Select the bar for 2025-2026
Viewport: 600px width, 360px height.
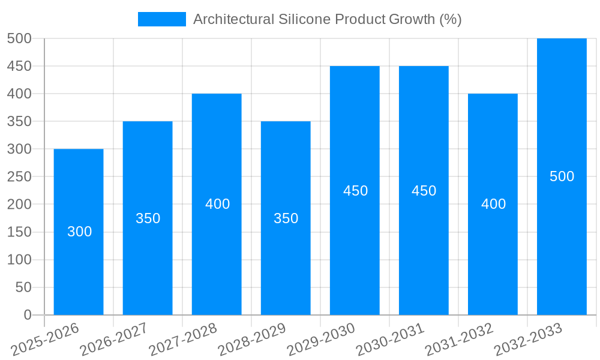(x=79, y=264)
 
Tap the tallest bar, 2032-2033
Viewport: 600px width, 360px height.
(x=562, y=240)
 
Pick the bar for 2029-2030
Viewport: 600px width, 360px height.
(x=355, y=252)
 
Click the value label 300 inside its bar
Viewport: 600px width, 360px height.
(x=79, y=232)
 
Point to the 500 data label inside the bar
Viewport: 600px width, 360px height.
(x=562, y=176)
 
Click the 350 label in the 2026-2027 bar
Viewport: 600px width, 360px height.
(x=148, y=218)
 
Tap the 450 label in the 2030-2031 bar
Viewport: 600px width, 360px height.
(x=424, y=191)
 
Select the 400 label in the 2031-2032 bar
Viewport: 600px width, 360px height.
(x=493, y=204)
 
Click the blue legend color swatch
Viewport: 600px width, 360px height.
(x=162, y=19)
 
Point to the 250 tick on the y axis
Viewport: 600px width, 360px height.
(x=19, y=176)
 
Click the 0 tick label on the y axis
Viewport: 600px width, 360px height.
(x=27, y=315)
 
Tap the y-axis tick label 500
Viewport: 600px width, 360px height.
(x=19, y=38)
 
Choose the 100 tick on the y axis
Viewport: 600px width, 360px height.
(x=19, y=260)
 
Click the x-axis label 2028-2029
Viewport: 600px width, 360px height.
(x=251, y=339)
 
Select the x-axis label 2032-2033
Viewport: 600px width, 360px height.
(x=527, y=339)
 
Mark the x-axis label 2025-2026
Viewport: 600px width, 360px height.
(x=44, y=339)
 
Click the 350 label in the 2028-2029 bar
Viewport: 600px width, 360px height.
(x=286, y=218)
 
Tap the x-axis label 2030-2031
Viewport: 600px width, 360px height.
(x=389, y=339)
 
